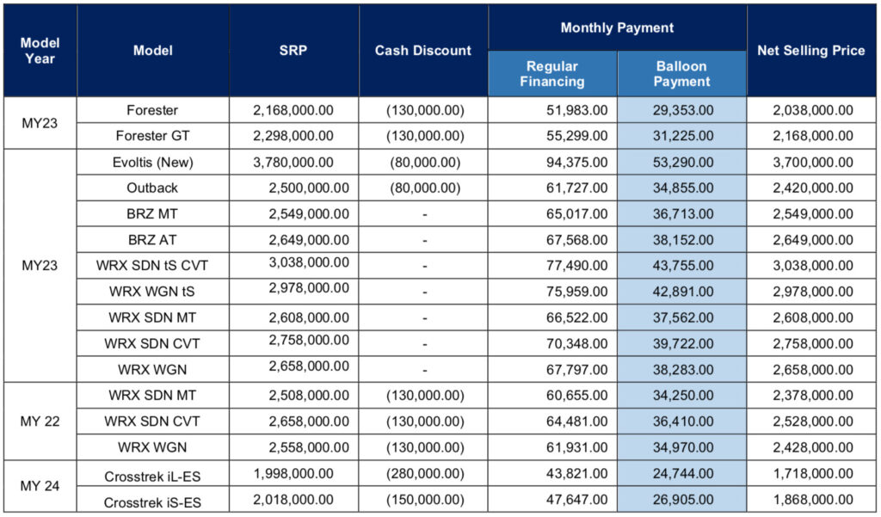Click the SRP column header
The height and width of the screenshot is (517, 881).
[x=293, y=51]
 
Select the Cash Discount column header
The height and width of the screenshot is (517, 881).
[x=423, y=51]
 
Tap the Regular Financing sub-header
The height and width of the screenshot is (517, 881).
[x=552, y=74]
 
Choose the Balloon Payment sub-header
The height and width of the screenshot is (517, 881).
[x=681, y=74]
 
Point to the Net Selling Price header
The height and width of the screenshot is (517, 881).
[x=810, y=51]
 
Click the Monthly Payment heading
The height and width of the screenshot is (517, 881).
[x=617, y=28]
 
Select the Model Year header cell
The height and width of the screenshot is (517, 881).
[x=40, y=51]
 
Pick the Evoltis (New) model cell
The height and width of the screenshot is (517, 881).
[x=152, y=162]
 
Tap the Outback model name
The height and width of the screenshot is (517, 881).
[x=152, y=188]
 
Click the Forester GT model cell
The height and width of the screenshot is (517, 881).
[x=152, y=135]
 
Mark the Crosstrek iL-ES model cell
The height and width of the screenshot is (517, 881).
[x=152, y=474]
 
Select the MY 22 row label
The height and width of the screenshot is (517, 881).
[x=40, y=422]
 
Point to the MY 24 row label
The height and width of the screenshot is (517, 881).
[x=40, y=487]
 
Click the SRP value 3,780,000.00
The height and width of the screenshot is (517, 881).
[x=293, y=162]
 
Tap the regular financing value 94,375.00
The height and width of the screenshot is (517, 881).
[x=576, y=162]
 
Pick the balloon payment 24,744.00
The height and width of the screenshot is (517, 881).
[x=682, y=474]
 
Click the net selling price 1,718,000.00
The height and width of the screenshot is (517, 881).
[x=811, y=474]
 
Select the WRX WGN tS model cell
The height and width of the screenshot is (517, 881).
[x=152, y=292]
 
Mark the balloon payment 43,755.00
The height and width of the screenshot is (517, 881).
[x=682, y=266]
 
